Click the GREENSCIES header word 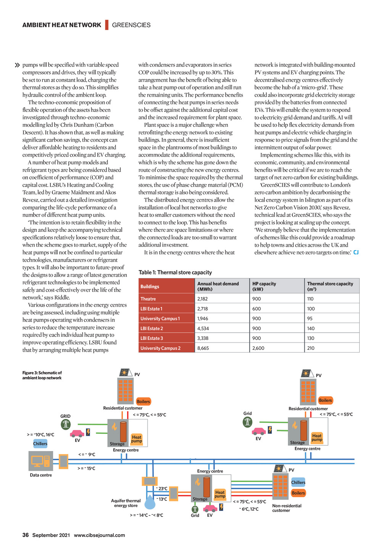131,25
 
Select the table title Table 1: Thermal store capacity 175,272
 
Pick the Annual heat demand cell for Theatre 202,299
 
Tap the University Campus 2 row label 160,348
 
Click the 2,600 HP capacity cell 258,348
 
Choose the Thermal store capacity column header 330,286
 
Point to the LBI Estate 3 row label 152,338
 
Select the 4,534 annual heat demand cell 203,328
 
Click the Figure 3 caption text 42,375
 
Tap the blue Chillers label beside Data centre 40,443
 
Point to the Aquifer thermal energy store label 126,503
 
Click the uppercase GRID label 65,416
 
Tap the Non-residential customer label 286,508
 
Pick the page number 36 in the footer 26,535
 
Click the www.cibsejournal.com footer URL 99,535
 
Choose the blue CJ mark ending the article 356,252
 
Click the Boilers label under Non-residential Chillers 298,493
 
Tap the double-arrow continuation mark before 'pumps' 17,65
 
